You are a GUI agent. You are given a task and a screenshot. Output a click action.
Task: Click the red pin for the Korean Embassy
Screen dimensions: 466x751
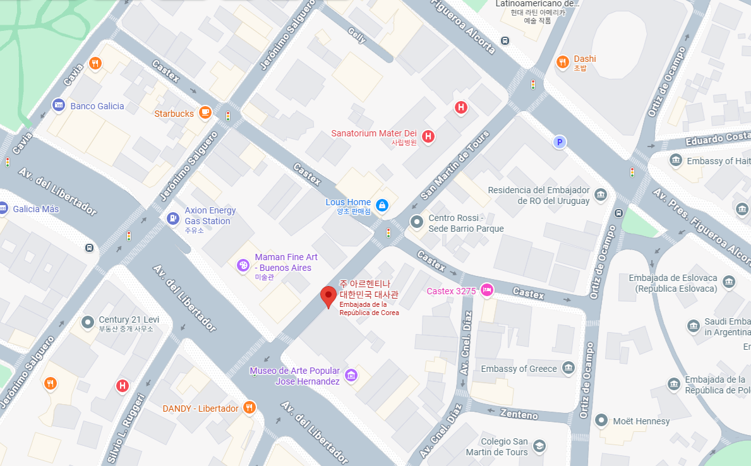(328, 296)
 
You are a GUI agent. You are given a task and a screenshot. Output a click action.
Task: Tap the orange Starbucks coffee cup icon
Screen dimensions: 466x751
(205, 112)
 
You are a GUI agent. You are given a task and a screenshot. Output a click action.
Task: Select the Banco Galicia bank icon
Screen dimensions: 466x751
(59, 105)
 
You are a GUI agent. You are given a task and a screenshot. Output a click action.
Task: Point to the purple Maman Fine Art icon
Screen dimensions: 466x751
(243, 265)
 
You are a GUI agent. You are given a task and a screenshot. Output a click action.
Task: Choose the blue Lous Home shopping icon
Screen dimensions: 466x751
(382, 205)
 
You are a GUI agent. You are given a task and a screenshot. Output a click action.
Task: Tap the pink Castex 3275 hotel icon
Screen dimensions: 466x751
(487, 290)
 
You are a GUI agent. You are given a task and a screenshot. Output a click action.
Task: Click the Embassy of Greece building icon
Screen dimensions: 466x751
(568, 368)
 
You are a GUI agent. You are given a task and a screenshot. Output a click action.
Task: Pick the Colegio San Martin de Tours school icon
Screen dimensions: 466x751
(539, 446)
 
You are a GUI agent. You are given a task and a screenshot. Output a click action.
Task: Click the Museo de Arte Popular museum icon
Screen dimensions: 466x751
(352, 376)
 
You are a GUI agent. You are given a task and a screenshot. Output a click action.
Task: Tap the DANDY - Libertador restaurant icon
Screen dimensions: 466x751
(250, 407)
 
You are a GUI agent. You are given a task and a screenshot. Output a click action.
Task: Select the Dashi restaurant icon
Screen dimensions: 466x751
(562, 61)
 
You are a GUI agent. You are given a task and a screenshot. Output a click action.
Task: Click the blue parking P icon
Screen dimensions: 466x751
(558, 143)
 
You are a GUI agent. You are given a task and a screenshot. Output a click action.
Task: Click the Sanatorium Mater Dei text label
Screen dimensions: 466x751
(374, 133)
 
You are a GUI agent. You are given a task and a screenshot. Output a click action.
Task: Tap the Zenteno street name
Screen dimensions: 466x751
(518, 413)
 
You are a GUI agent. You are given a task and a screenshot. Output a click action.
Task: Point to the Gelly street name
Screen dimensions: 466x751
(356, 37)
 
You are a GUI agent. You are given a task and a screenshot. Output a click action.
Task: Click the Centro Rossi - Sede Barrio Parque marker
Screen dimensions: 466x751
(417, 222)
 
